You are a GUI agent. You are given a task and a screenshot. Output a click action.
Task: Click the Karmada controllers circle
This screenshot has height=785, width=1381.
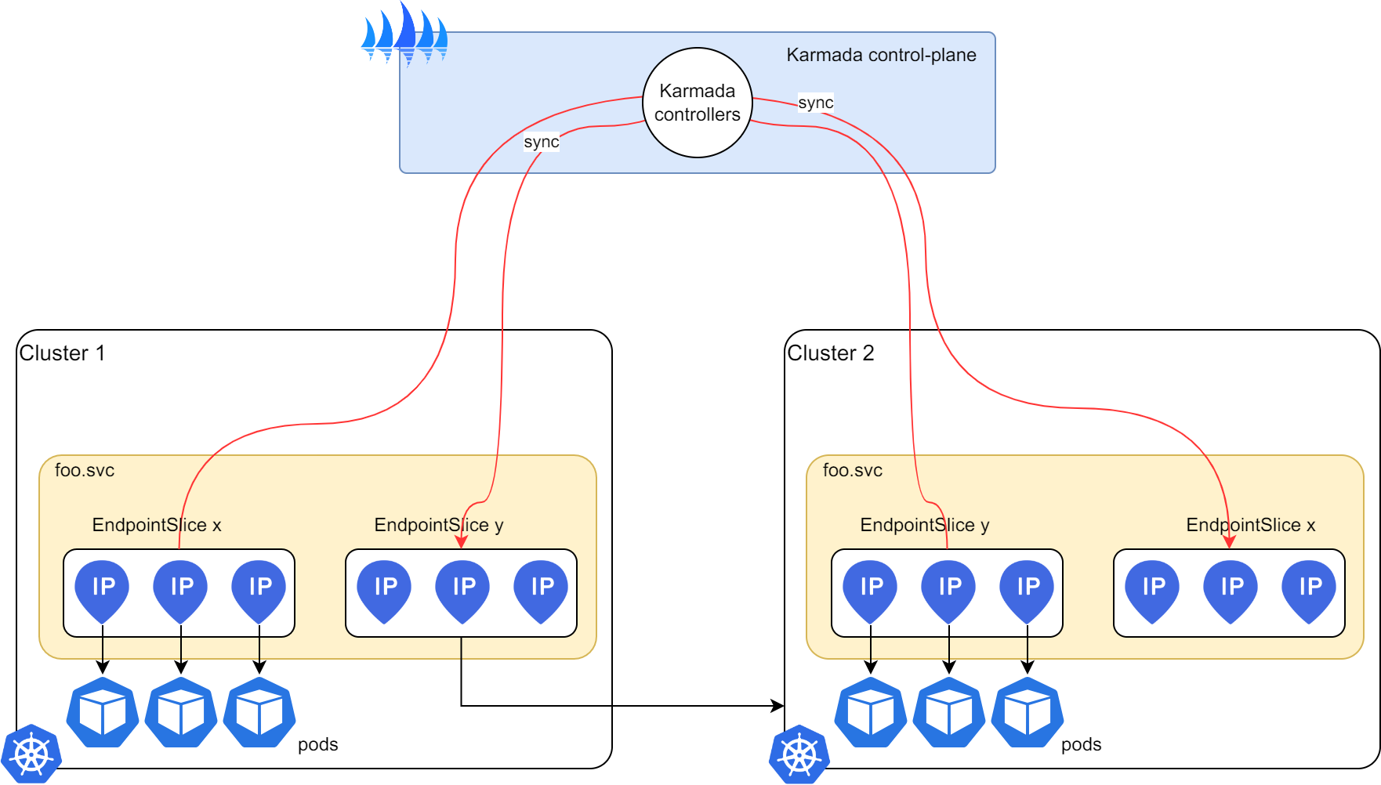click(697, 103)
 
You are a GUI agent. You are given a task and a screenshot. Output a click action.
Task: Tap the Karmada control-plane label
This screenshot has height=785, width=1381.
click(881, 55)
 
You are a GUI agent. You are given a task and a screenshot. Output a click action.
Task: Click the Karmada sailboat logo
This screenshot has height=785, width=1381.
click(404, 36)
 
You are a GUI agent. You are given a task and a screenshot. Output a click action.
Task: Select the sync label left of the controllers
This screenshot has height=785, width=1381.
click(542, 142)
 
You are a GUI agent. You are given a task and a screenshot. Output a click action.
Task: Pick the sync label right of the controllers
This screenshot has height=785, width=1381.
click(815, 103)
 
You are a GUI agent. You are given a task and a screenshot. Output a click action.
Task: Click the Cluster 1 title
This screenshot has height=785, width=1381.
click(62, 353)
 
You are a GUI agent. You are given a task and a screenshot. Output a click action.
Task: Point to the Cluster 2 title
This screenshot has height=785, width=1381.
click(830, 353)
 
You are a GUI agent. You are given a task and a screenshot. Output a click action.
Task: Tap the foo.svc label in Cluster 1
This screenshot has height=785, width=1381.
click(85, 470)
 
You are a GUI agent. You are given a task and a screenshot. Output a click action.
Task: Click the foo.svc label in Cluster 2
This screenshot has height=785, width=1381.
click(853, 470)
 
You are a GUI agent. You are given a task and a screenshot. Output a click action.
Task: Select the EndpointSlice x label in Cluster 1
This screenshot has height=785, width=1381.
click(157, 525)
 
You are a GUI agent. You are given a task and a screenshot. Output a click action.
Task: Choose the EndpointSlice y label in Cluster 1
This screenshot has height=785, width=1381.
click(439, 525)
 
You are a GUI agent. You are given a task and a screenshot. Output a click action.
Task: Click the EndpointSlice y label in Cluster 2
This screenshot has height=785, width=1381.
click(925, 525)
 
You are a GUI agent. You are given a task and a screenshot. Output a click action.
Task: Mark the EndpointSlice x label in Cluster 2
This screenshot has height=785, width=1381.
click(1251, 525)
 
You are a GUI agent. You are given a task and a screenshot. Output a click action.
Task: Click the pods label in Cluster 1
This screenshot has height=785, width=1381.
click(317, 744)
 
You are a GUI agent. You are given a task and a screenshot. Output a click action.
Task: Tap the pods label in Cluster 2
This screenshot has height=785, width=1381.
click(1081, 744)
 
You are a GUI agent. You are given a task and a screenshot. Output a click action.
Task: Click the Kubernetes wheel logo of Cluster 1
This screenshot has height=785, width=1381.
click(31, 754)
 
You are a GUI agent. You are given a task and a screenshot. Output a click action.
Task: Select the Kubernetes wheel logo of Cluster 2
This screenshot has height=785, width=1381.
click(799, 754)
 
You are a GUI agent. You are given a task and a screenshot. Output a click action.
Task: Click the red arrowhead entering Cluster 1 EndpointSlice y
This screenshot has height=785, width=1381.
click(462, 541)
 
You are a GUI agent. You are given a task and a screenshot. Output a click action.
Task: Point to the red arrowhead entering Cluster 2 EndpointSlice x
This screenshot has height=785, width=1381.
click(1229, 541)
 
